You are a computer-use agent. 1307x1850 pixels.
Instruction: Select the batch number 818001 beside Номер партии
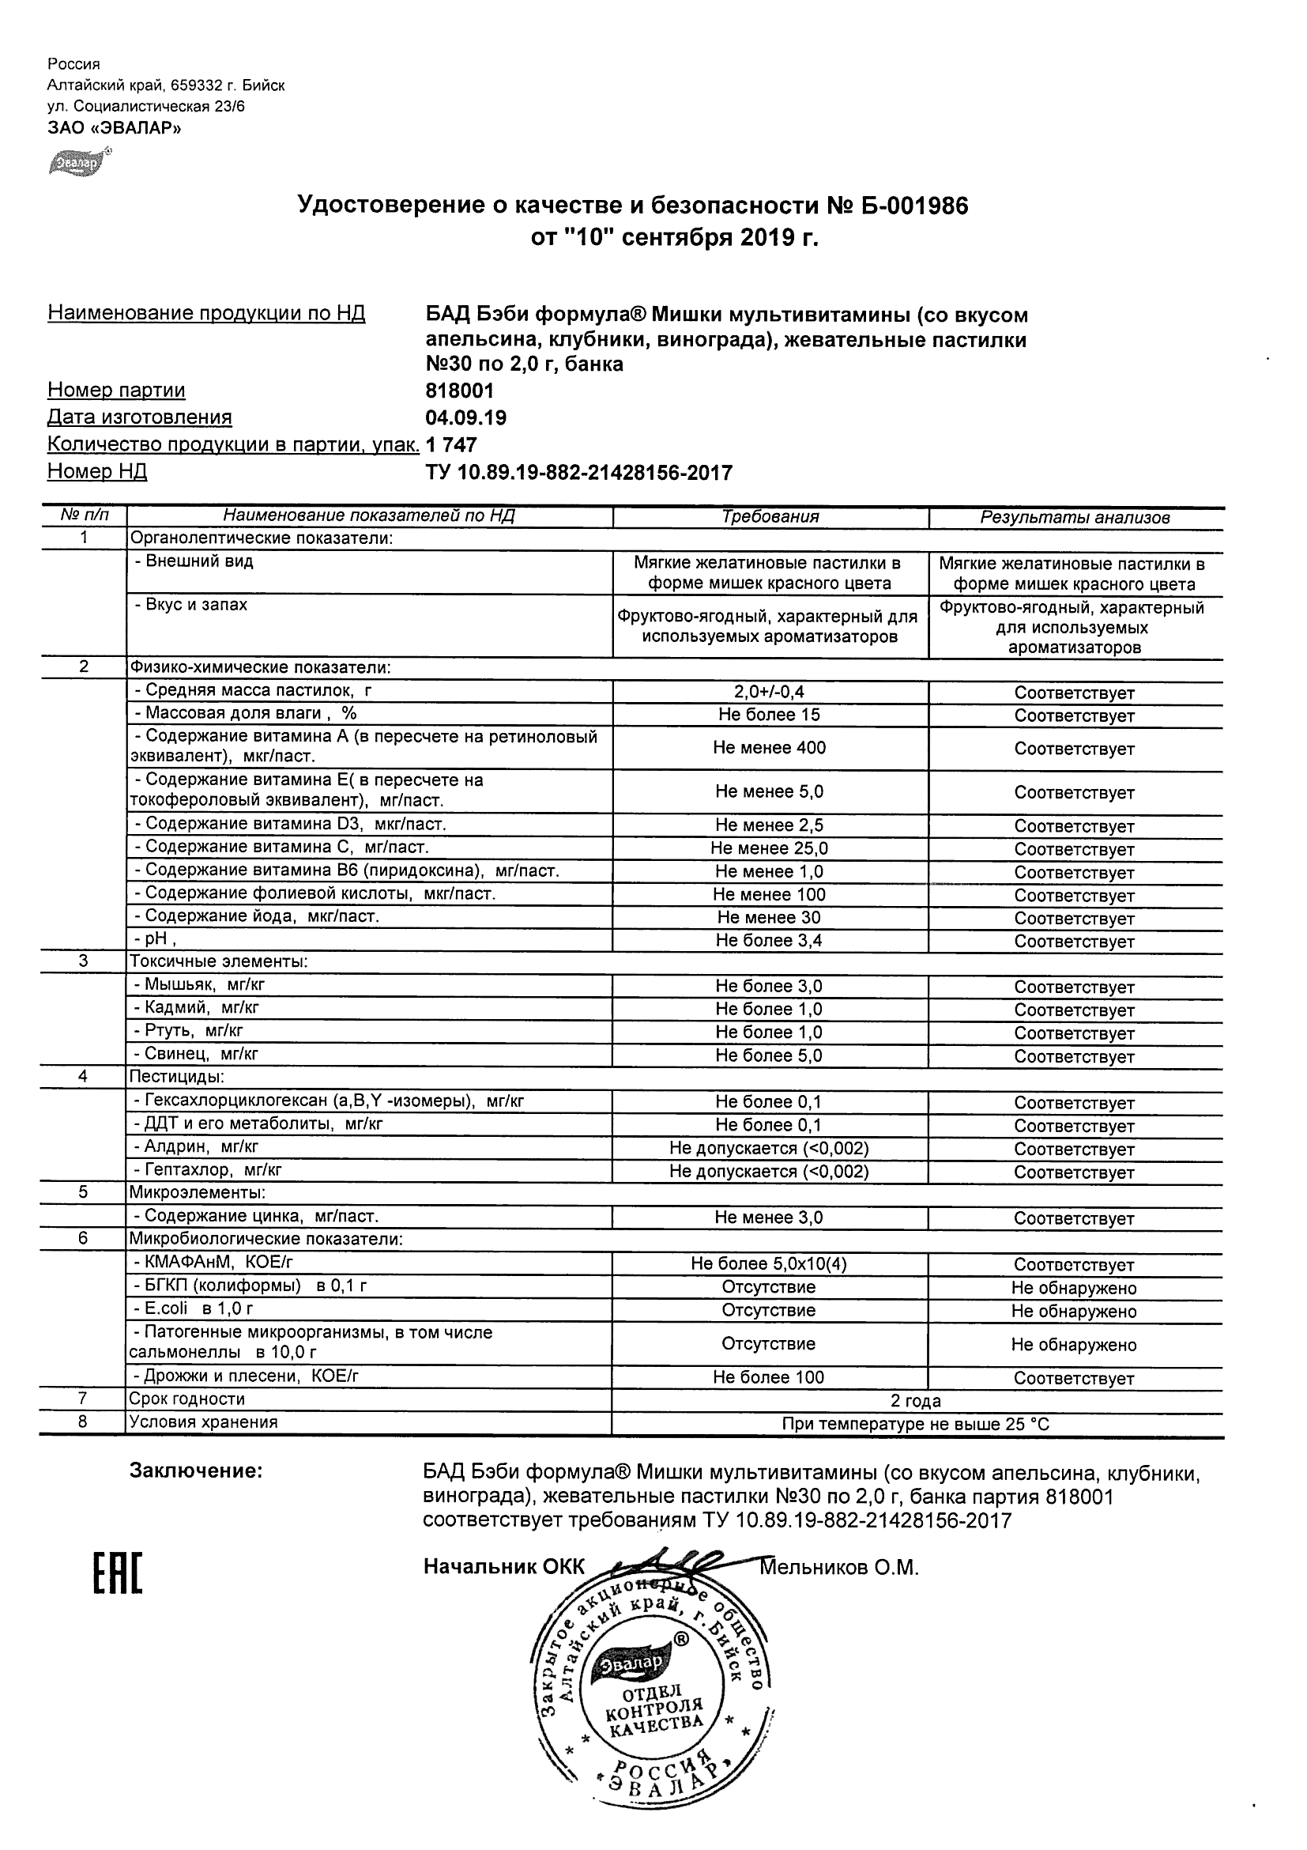[x=460, y=391]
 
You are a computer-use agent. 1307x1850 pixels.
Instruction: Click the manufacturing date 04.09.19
[x=466, y=417]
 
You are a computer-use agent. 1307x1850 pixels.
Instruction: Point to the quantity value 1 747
[x=451, y=445]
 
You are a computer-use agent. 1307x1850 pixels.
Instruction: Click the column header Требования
[x=770, y=517]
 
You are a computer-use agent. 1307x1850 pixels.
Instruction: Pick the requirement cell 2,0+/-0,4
[x=769, y=691]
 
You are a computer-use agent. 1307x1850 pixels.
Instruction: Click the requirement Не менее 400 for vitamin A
[x=769, y=748]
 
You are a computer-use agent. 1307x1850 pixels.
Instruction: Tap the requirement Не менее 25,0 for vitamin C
[x=769, y=848]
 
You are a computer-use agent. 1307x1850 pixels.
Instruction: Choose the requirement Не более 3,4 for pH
[x=769, y=940]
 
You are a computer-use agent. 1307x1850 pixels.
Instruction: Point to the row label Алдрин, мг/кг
[x=197, y=1146]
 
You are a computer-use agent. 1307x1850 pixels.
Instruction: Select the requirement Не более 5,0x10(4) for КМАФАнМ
[x=769, y=1264]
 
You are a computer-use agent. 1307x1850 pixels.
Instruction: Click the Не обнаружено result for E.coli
[x=1073, y=1312]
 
